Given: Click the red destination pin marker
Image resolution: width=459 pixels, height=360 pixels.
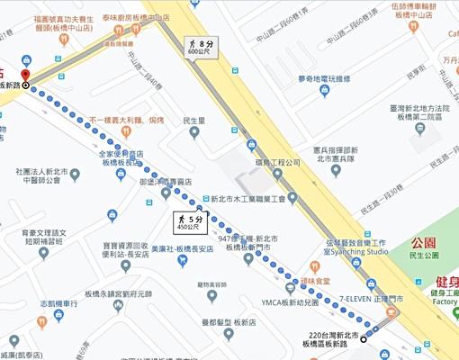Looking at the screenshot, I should [x=25, y=75].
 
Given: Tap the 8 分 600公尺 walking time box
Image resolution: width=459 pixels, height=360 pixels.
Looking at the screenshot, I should [x=201, y=47].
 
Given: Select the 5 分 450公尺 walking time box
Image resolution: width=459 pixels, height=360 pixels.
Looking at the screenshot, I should [x=192, y=221].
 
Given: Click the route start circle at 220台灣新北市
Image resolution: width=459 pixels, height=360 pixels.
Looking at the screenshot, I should [x=376, y=328].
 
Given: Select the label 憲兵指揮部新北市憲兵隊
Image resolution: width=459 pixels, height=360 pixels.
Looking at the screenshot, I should [x=336, y=155].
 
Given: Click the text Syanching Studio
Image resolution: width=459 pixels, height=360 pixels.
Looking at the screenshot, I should [x=357, y=252].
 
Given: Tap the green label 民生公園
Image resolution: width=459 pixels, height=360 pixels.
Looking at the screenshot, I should [x=423, y=256].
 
